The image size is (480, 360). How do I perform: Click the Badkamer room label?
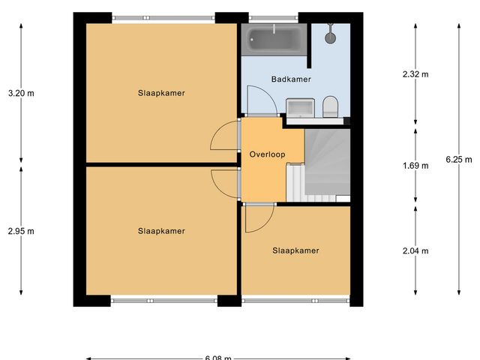point(290,79)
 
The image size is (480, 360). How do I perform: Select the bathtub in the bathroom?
point(274,39)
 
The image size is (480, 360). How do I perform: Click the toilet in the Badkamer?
point(329,107)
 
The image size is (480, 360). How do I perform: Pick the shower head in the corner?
point(330,34)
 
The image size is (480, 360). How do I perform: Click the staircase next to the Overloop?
point(326,161)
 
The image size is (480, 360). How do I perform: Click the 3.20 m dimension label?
point(21,94)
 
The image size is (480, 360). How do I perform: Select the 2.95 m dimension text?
point(21,231)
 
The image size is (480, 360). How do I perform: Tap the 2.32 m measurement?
point(415,74)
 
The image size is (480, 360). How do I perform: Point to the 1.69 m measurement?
point(415,166)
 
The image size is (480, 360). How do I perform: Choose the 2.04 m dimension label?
point(415,251)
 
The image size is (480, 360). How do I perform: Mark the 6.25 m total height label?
point(458,159)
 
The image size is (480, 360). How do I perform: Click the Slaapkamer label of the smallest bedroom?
point(295,250)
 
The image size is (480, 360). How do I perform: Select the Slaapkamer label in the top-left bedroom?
point(161,93)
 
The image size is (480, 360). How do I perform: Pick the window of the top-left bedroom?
point(163,17)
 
